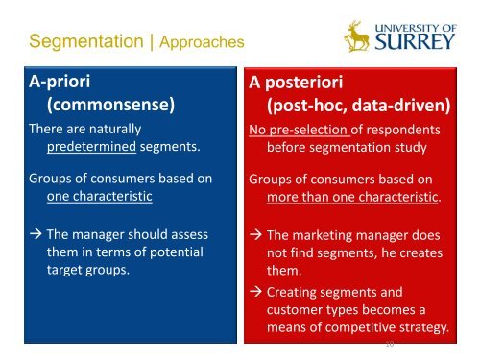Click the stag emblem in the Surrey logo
click(356, 38)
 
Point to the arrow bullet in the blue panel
click(36, 234)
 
